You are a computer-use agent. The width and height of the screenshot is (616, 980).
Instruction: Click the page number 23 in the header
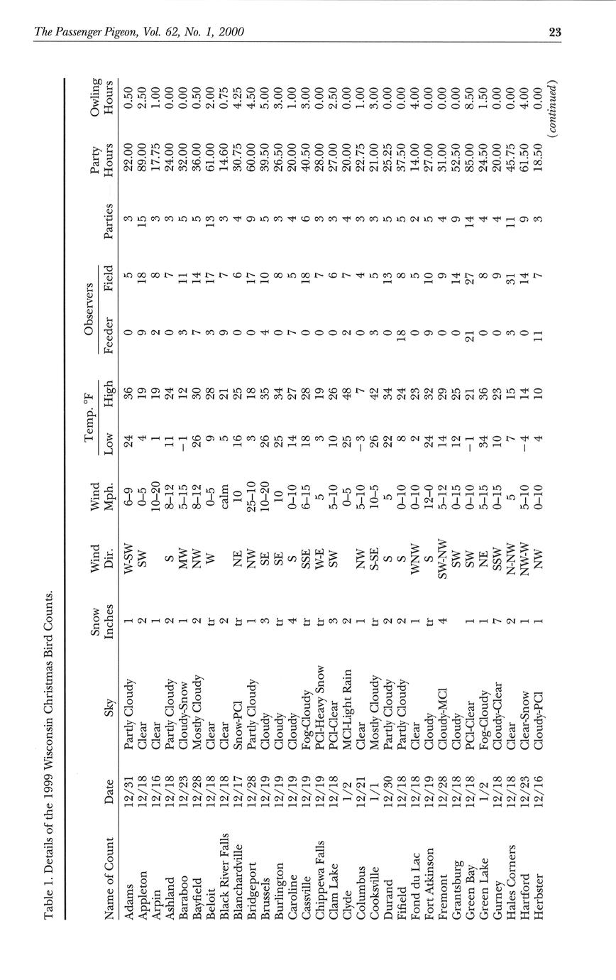point(555,31)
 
